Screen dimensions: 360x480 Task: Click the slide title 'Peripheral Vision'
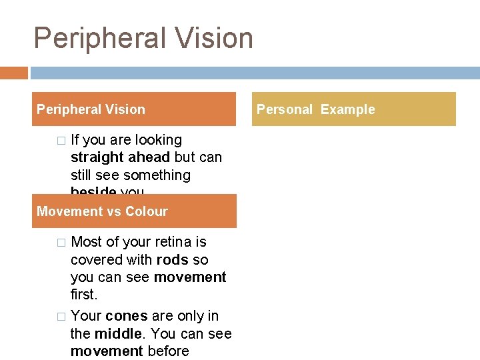143,38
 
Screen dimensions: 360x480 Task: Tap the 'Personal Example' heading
316,109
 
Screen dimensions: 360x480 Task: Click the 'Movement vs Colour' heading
102,211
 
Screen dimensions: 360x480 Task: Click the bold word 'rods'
173,259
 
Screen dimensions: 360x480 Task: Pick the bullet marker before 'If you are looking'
61,141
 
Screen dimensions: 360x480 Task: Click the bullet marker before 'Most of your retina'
61,242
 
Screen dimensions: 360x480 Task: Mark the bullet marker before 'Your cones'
61,316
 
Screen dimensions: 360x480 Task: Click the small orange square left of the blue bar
13,73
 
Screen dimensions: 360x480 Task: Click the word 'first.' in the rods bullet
84,294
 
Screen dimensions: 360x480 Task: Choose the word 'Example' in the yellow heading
347,109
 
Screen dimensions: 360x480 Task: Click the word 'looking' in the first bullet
158,140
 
